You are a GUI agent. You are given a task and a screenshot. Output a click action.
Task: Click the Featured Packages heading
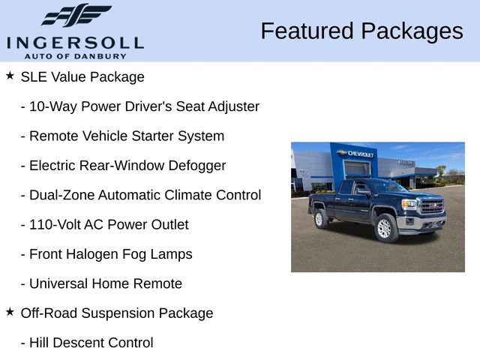361,31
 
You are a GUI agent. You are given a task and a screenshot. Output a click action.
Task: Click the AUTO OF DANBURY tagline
75,55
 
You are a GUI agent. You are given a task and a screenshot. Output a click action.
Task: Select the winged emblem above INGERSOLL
76,16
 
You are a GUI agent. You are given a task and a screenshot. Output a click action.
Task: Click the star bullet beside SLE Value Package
10,76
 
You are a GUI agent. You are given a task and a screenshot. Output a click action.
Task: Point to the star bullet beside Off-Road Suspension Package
10,312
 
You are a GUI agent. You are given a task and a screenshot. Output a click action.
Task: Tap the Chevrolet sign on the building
357,154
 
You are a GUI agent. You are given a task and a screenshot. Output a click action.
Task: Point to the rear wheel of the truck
321,218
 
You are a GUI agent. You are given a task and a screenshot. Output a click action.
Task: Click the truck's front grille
431,205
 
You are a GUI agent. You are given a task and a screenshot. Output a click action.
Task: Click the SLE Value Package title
82,76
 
